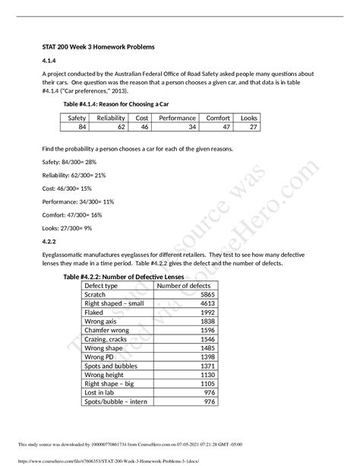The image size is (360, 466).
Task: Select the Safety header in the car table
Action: tap(77, 119)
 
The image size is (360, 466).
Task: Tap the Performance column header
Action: tap(176, 119)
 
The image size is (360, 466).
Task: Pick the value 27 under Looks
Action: tap(253, 128)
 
